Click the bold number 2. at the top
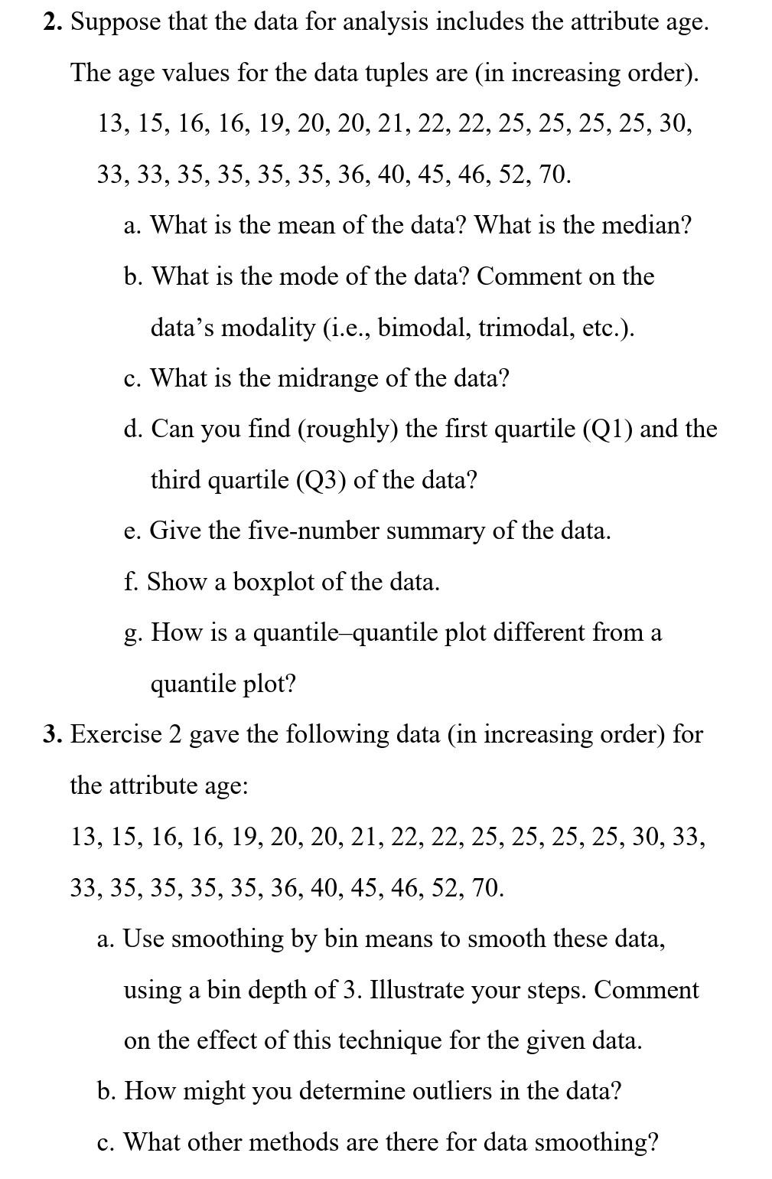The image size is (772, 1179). [x=53, y=22]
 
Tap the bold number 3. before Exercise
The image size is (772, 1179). [x=53, y=734]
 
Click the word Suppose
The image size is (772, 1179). [x=116, y=22]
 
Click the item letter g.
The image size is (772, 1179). [x=131, y=634]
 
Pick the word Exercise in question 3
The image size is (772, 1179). [x=116, y=734]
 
